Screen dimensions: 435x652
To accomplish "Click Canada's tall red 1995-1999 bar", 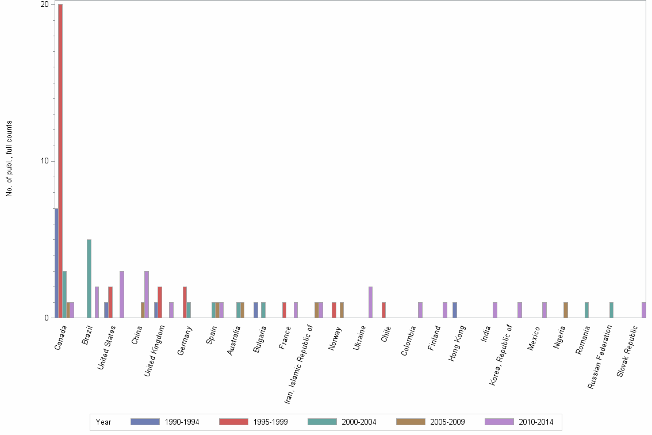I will click(x=60, y=161).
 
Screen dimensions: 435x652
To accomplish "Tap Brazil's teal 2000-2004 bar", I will click(x=89, y=278).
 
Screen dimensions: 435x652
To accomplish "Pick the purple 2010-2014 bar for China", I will click(x=147, y=294).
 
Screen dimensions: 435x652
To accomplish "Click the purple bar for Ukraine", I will click(x=370, y=302).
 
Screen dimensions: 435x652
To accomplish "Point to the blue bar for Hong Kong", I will click(x=454, y=310).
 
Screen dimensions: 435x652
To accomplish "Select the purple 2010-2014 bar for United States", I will click(x=122, y=294).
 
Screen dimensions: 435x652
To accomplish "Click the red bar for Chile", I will click(x=383, y=310).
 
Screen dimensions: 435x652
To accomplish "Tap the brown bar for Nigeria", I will click(x=566, y=310).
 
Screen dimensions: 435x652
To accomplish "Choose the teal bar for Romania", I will click(x=586, y=310).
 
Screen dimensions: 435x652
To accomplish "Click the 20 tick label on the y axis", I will click(x=44, y=5).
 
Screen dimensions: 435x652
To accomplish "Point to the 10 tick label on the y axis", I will click(x=44, y=161).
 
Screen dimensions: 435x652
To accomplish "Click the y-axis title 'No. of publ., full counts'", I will click(x=9, y=159).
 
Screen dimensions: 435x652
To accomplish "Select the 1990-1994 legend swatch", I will click(x=145, y=422).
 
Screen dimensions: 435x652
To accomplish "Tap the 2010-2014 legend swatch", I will click(x=500, y=422).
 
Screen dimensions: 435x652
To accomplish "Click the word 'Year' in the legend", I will click(x=103, y=422).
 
